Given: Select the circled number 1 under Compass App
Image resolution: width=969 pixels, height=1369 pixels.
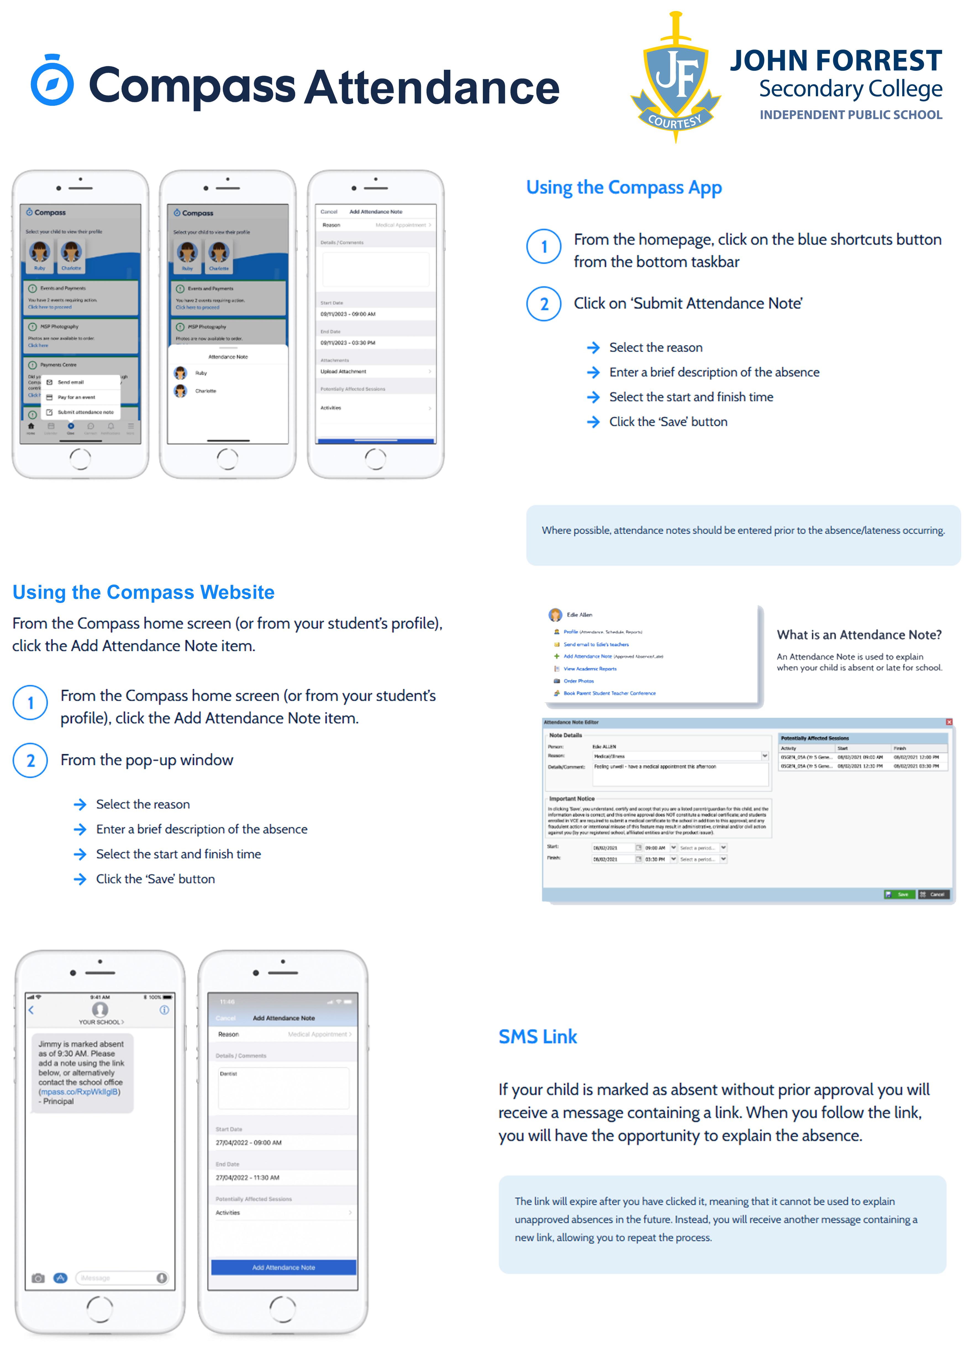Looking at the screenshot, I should [544, 246].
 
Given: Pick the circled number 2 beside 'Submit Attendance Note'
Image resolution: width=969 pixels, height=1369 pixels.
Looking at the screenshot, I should [544, 304].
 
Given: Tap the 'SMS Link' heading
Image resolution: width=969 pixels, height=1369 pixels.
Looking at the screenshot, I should [538, 1037].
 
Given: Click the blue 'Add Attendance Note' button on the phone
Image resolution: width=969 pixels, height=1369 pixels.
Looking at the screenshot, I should [283, 1267].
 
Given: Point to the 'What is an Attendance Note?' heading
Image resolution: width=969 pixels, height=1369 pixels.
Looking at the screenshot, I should [859, 635].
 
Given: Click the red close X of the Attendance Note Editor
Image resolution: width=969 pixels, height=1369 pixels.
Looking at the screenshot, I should [949, 722].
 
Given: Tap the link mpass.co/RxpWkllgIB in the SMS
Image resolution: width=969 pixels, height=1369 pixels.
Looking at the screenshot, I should [79, 1092].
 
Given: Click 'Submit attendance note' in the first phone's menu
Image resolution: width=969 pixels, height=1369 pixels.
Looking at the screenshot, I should [85, 412].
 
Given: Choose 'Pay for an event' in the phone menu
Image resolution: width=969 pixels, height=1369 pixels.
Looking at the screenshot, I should [76, 397].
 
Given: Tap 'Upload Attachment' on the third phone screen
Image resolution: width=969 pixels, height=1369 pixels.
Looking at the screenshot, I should [344, 371].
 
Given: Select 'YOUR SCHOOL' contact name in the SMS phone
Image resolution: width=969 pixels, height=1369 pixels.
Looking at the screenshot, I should [100, 1022].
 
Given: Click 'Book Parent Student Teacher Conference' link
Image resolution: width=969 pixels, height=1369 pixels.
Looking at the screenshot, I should [609, 693].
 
